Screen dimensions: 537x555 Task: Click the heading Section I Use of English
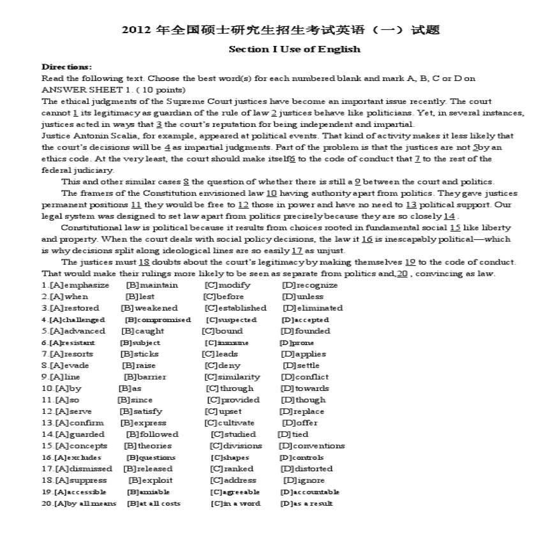(x=294, y=49)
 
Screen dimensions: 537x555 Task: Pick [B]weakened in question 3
(x=149, y=308)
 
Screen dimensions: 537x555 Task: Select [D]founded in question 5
(x=305, y=331)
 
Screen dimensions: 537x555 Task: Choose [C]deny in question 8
(x=222, y=365)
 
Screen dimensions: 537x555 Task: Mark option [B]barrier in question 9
(x=144, y=377)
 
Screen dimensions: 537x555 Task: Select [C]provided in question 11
(x=233, y=400)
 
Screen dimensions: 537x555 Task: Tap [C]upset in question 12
(x=224, y=411)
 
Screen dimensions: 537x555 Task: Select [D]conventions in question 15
(x=311, y=446)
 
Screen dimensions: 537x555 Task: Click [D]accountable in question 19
(x=309, y=492)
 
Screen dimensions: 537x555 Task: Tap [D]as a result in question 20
(x=306, y=503)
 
